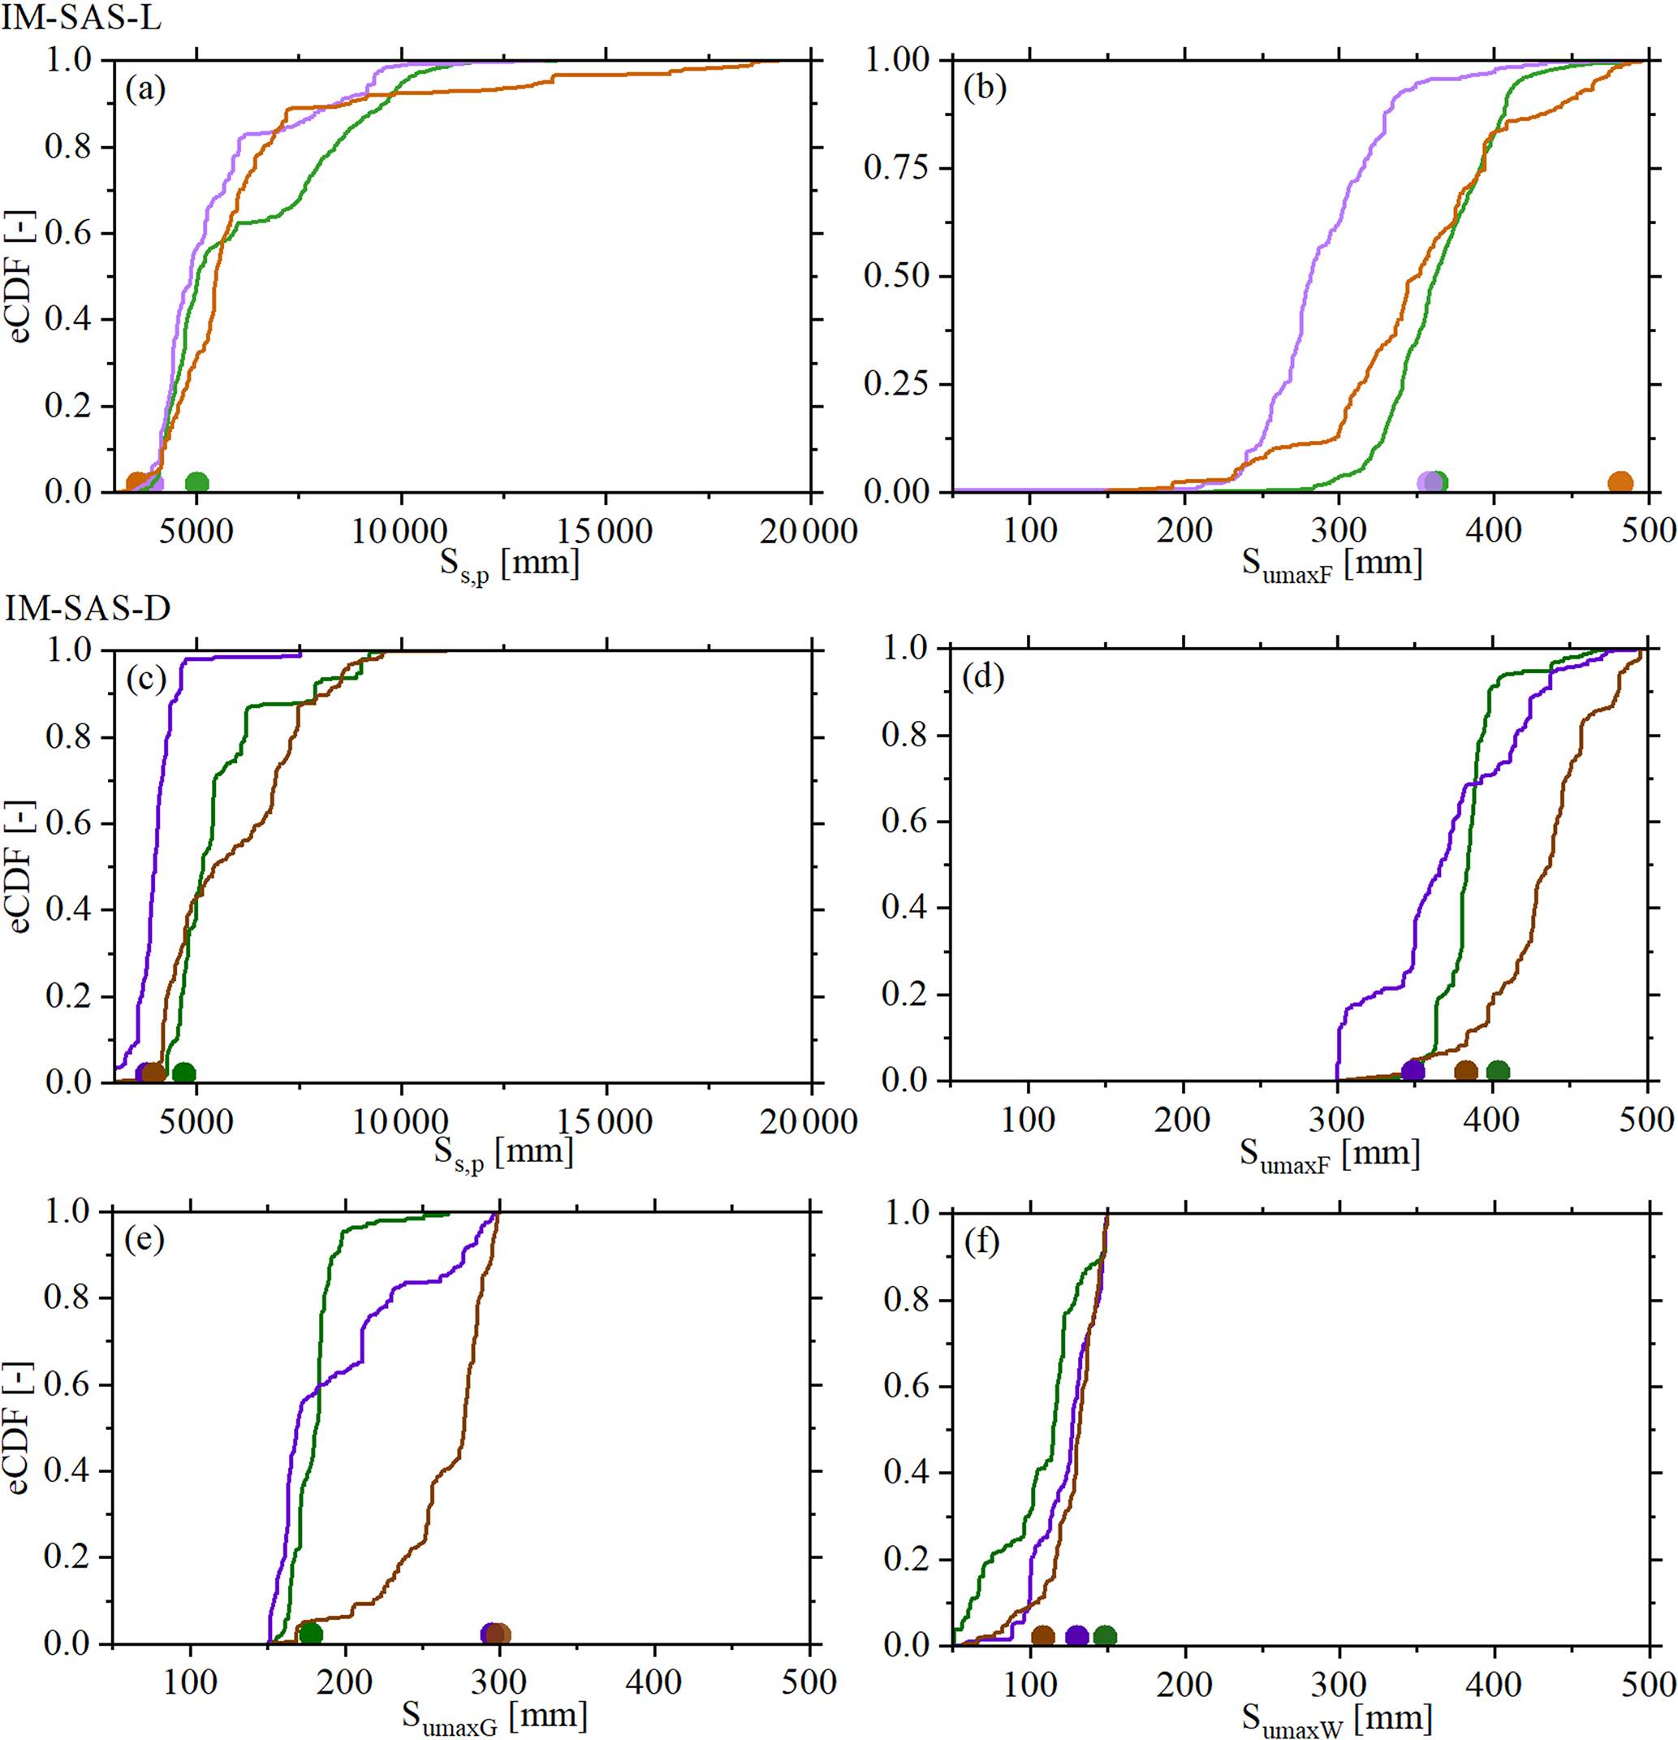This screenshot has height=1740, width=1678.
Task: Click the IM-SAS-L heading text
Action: (x=81, y=19)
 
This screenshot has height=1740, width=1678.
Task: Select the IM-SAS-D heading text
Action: (x=87, y=609)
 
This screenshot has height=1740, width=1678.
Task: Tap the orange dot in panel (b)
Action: (x=1620, y=483)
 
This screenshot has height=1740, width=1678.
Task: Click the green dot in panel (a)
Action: (x=197, y=483)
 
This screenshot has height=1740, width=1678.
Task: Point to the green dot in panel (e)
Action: (x=311, y=1634)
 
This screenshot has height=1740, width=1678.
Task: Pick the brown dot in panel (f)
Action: (x=1043, y=1635)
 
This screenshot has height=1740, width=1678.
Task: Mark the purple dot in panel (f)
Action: (x=1077, y=1635)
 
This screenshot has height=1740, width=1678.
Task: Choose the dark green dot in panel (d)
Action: (x=1498, y=1072)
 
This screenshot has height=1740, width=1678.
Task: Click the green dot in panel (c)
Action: (x=183, y=1073)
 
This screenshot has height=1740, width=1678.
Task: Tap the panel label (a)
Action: (x=145, y=89)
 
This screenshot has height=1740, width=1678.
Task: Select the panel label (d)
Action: (x=983, y=677)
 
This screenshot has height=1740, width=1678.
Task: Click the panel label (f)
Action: (x=982, y=1241)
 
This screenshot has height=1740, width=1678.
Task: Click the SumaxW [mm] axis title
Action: (x=1336, y=1717)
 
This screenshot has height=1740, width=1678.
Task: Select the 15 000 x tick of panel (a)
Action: (x=605, y=531)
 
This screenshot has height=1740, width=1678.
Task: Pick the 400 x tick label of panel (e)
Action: (x=654, y=1682)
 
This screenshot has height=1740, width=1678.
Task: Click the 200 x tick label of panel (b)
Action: (x=1184, y=531)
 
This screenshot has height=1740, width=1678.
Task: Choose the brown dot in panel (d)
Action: (x=1466, y=1072)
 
